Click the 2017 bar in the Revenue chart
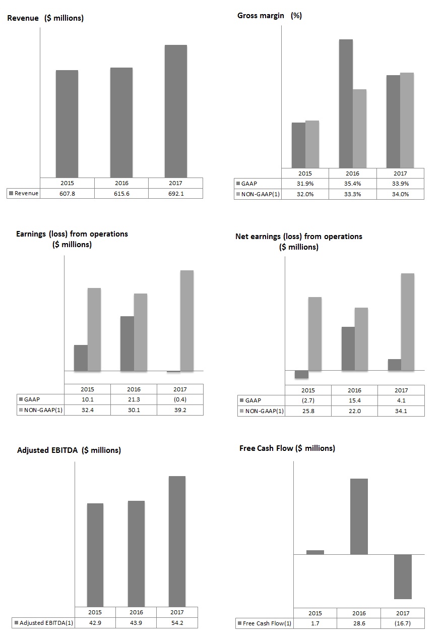[x=175, y=111]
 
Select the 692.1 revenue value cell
[x=175, y=193]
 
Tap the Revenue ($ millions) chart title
[x=45, y=18]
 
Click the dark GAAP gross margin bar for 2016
[x=346, y=103]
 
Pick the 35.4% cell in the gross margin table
[x=353, y=184]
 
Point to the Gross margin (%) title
[x=270, y=16]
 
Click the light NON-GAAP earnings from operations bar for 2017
[x=187, y=321]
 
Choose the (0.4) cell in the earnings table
[x=180, y=400]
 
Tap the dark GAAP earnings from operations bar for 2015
[x=81, y=358]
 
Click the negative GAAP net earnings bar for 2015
[x=301, y=374]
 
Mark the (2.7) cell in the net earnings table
[x=308, y=400]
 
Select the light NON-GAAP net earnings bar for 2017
[x=408, y=322]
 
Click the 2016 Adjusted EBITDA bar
[x=136, y=553]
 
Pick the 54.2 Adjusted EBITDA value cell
[x=177, y=623]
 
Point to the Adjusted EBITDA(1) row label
[x=44, y=623]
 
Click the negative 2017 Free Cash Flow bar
[x=403, y=576]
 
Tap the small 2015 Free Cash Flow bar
[x=315, y=552]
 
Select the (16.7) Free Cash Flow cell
[x=403, y=624]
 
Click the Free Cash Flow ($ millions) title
[x=287, y=448]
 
